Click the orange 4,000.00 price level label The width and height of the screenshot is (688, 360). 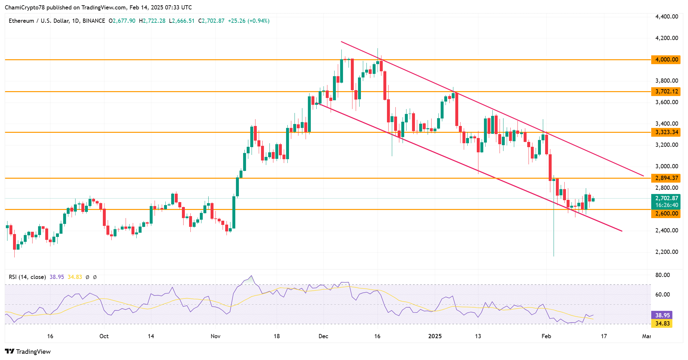point(666,60)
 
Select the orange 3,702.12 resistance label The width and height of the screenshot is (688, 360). point(666,91)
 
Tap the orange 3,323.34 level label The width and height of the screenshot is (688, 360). point(666,132)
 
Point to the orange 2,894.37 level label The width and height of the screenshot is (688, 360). point(666,178)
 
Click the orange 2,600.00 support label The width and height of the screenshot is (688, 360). point(666,214)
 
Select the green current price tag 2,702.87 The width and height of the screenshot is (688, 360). point(666,198)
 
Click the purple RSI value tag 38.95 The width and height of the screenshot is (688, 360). point(662,315)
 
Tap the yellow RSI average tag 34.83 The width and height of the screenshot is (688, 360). point(662,324)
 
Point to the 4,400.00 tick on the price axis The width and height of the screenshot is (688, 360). point(667,17)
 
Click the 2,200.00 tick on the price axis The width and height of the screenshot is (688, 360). point(667,252)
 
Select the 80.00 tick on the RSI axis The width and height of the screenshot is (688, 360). point(662,275)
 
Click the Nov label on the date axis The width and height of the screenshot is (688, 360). point(215,336)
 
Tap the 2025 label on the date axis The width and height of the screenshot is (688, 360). point(435,336)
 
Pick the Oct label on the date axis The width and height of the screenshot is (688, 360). point(104,336)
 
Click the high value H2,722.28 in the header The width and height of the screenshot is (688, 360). point(152,21)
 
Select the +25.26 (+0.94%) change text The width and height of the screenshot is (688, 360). point(249,21)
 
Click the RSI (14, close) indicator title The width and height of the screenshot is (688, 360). point(27,277)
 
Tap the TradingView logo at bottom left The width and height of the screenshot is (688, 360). point(28,352)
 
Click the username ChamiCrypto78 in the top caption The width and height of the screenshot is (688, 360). point(25,7)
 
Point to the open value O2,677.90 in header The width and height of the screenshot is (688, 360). point(122,21)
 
